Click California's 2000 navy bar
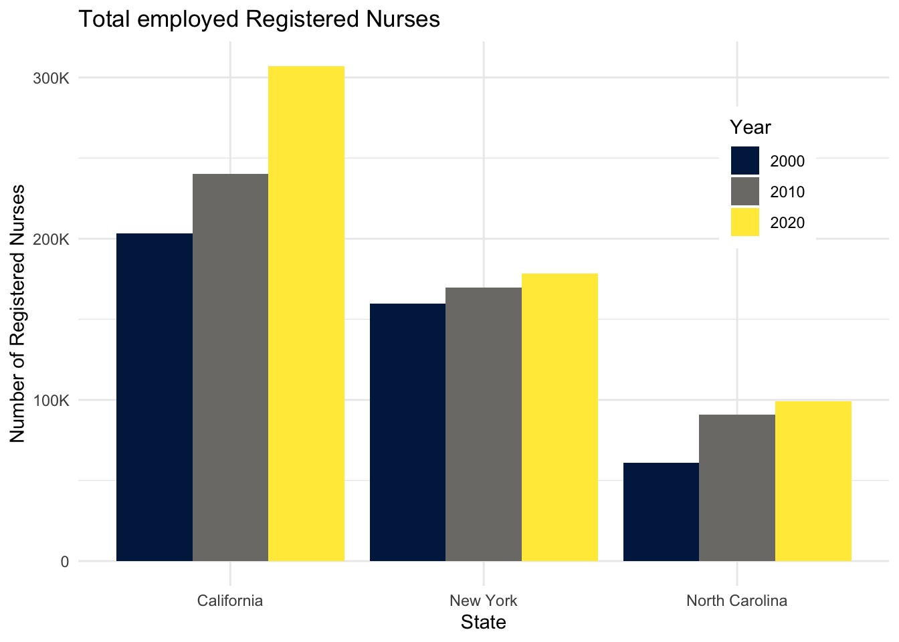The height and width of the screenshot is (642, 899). point(155,397)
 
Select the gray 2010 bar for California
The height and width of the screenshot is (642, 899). point(230,367)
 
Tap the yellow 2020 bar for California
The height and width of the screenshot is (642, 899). point(306,314)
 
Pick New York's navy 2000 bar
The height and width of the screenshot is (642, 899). point(407,432)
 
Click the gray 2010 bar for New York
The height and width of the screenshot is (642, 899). point(484,424)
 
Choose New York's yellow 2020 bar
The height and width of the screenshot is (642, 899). point(560,417)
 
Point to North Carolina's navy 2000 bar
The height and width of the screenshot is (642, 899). point(661,512)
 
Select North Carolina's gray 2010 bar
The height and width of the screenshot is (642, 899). point(737,488)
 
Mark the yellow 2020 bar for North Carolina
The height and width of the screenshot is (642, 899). point(813,481)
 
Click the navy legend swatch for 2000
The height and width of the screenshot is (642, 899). point(744,160)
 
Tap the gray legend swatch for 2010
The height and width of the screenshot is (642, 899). point(744,191)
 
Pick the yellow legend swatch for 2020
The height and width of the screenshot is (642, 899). point(744,222)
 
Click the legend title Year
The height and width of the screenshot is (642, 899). point(750,127)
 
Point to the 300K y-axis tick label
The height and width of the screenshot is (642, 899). point(52,78)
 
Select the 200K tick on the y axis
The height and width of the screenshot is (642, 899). point(52,239)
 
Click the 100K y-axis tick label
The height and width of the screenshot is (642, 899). point(52,401)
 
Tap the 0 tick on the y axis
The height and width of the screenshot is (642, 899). point(65,562)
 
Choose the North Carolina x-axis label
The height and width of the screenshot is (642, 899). point(736,600)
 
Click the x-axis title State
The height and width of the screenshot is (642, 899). point(484,623)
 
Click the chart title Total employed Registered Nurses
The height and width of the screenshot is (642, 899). point(260,19)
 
